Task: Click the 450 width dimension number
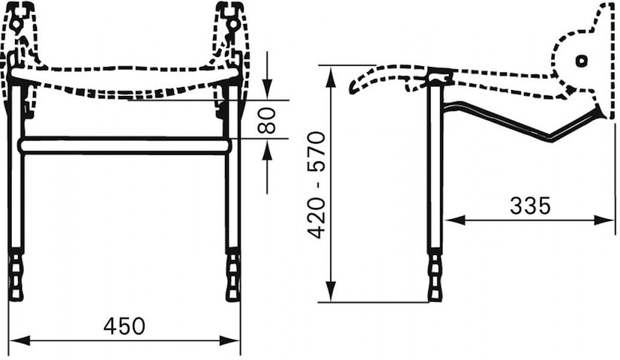point(124,326)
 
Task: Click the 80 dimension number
point(266,120)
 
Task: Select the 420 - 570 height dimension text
point(317,185)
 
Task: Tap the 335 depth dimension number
point(530,205)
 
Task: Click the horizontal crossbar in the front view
point(124,145)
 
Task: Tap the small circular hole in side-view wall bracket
point(581,61)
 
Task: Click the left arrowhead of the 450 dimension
point(19,341)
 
